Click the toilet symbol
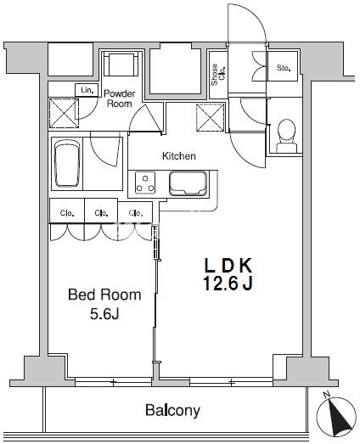point(287,136)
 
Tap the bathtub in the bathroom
point(67,163)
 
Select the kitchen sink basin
point(188,183)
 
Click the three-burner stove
point(145,183)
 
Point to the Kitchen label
point(178,155)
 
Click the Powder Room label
point(119,98)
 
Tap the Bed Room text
point(104,295)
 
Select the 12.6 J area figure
point(228,284)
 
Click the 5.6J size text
point(104,313)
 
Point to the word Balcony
point(172,410)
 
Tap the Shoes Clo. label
point(218,75)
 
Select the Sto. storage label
point(284,68)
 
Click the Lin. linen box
point(87,90)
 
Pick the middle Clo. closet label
point(101,213)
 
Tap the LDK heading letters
point(228,266)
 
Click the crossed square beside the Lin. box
point(64,113)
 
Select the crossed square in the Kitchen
point(211,117)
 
